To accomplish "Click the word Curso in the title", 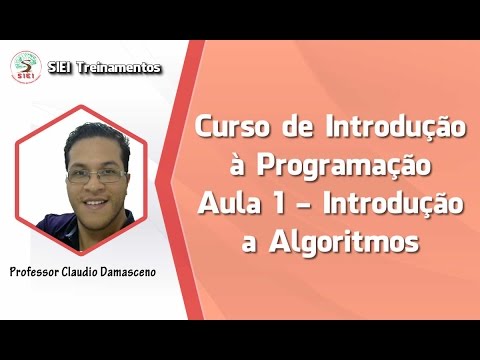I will [x=231, y=128].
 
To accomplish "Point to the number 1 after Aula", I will [x=273, y=205].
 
